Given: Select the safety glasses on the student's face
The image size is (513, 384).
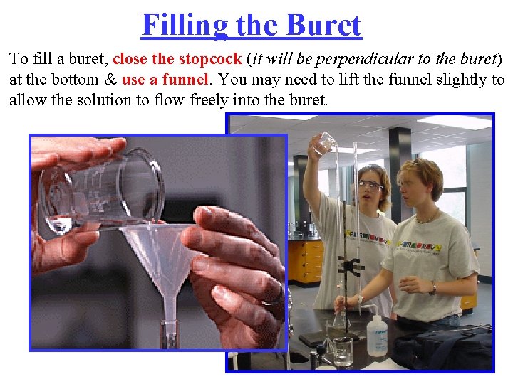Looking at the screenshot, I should (370, 186).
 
